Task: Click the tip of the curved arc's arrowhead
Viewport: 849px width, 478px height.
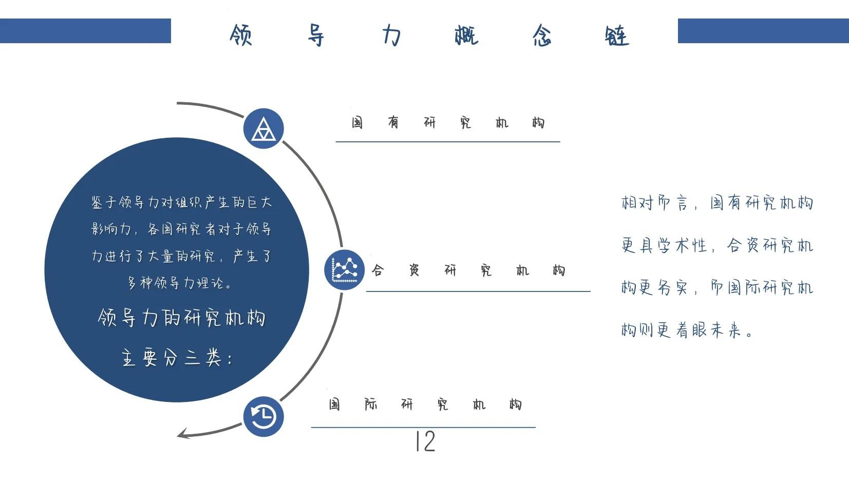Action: point(177,436)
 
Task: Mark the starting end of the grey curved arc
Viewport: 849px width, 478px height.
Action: point(177,103)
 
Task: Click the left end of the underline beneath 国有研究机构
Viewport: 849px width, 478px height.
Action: point(336,141)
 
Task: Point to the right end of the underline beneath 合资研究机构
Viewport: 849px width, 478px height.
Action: point(590,291)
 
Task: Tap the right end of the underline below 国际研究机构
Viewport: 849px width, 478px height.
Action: point(535,427)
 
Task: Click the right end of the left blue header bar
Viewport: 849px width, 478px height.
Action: point(171,31)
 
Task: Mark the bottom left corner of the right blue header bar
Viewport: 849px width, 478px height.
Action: point(678,43)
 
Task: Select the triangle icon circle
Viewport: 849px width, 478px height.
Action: point(263,128)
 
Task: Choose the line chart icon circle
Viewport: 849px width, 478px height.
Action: point(345,270)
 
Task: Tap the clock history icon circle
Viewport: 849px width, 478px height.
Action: point(263,416)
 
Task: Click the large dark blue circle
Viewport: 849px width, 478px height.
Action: point(177,270)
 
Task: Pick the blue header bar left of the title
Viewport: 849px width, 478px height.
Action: point(85,31)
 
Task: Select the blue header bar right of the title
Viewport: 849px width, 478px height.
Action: point(763,31)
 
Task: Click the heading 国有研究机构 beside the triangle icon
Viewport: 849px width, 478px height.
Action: point(448,122)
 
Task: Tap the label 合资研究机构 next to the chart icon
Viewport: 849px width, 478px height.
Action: point(468,270)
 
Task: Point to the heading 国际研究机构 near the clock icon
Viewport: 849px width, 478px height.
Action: point(425,405)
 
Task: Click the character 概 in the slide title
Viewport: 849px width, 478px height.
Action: point(466,35)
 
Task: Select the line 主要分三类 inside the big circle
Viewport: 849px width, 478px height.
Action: point(177,357)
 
